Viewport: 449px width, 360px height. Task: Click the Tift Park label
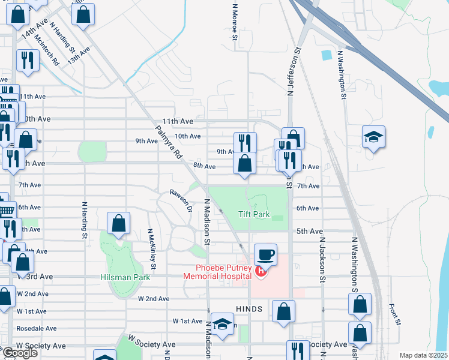[x=254, y=214]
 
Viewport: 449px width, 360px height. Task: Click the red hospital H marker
[x=261, y=272]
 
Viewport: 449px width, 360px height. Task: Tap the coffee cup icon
[x=265, y=254]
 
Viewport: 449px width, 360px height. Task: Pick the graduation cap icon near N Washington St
[x=373, y=137]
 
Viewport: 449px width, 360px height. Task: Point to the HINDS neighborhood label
[x=250, y=308]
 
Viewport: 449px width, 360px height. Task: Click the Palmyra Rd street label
[x=168, y=142]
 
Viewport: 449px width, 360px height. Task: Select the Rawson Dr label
[x=180, y=201]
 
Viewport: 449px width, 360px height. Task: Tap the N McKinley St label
[x=152, y=248]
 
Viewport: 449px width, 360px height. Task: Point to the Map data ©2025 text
[x=424, y=355]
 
